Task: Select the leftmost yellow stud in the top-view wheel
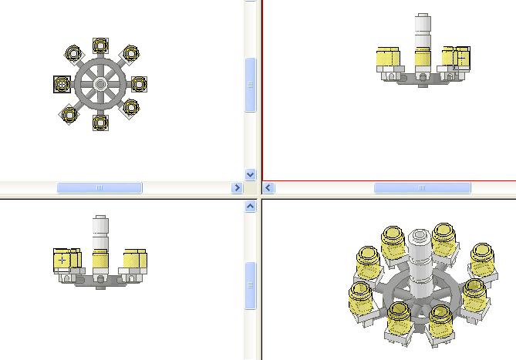pos(62,83)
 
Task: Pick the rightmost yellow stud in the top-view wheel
pos(138,83)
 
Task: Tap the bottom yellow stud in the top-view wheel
pos(100,121)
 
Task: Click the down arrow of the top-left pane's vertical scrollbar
pos(250,174)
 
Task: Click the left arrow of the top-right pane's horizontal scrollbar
pos(269,187)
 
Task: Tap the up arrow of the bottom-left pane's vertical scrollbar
pos(250,207)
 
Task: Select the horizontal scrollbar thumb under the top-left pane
pos(99,187)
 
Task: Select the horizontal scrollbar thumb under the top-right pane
pos(422,187)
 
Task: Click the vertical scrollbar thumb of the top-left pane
pos(250,85)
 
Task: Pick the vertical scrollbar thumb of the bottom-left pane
pos(250,285)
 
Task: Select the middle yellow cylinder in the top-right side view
pos(422,59)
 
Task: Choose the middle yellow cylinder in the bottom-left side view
pos(99,260)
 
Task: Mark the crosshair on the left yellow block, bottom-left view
pos(62,261)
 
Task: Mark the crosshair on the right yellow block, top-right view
pos(461,58)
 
